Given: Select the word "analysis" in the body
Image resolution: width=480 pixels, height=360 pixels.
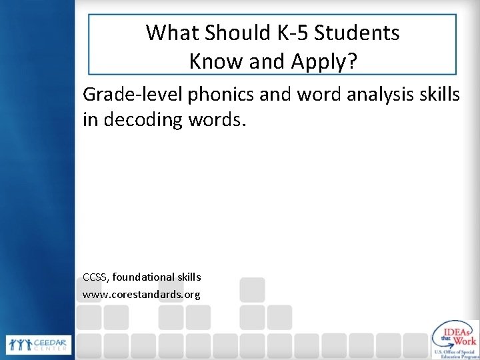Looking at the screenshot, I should click(373, 95).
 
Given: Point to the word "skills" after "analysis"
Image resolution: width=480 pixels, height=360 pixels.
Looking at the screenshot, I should click(439, 95).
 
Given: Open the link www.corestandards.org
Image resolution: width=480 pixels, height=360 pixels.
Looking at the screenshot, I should click(141, 293).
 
